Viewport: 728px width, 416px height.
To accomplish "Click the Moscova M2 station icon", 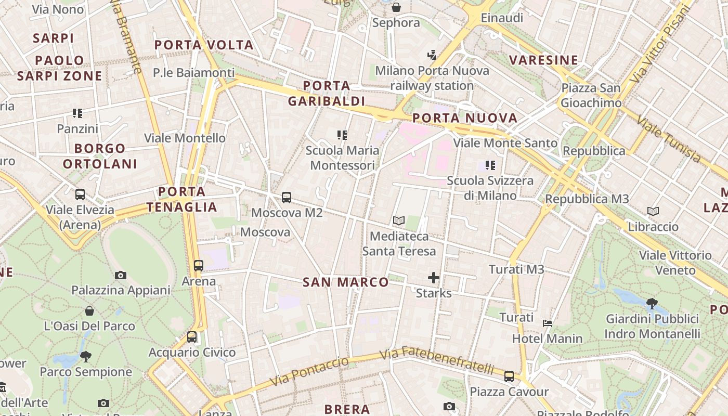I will click(x=287, y=198).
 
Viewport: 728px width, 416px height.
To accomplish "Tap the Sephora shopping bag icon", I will click(x=396, y=7).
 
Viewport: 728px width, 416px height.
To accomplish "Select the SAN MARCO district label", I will click(x=346, y=282).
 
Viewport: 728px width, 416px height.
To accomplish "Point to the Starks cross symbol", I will click(x=434, y=278).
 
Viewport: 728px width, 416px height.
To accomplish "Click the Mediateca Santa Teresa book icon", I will click(x=399, y=221).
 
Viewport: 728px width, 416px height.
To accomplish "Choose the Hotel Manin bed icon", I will click(x=548, y=323).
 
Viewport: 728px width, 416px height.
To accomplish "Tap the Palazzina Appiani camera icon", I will click(x=121, y=275).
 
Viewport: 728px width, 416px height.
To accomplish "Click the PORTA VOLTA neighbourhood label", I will click(x=204, y=45).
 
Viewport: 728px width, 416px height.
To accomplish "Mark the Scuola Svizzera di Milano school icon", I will click(x=490, y=165).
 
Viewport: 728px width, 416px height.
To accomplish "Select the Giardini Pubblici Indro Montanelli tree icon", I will click(x=652, y=303).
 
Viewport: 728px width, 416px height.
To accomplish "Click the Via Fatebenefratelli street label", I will click(x=437, y=361).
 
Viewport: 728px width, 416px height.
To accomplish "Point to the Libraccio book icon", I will click(x=653, y=211).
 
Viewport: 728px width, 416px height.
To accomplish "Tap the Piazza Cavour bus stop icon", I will click(x=509, y=376).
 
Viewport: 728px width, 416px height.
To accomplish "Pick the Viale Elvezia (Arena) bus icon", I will click(x=80, y=194).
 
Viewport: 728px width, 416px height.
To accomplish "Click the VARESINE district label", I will click(x=544, y=60).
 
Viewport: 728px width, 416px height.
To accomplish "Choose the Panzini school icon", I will click(x=77, y=113).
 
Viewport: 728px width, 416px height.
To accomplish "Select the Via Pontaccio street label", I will click(x=309, y=372).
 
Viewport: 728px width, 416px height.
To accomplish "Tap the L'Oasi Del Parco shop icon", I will click(x=89, y=311).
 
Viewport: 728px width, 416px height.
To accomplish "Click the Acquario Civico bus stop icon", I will click(x=192, y=337).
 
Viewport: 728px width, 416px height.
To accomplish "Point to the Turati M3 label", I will click(x=516, y=269).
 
